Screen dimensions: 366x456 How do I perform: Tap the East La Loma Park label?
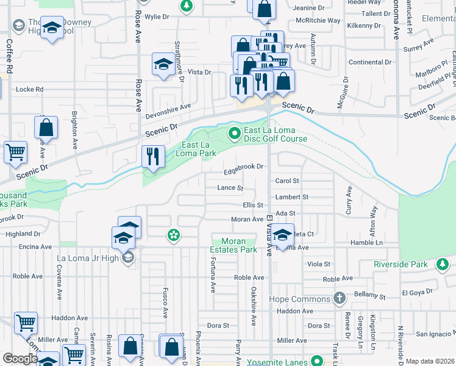click(199, 149)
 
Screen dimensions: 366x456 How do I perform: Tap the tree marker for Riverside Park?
click(443, 264)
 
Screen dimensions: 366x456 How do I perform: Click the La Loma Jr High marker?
click(127, 258)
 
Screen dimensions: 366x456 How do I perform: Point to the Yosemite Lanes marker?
click(316, 361)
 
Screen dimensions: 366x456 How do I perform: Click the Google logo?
click(20, 359)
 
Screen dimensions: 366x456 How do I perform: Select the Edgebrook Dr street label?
click(243, 167)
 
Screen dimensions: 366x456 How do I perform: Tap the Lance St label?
click(230, 188)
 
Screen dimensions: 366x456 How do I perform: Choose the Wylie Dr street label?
click(157, 16)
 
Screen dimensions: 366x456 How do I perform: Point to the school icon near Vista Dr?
click(163, 64)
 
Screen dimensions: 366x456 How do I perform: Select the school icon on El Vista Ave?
click(282, 234)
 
